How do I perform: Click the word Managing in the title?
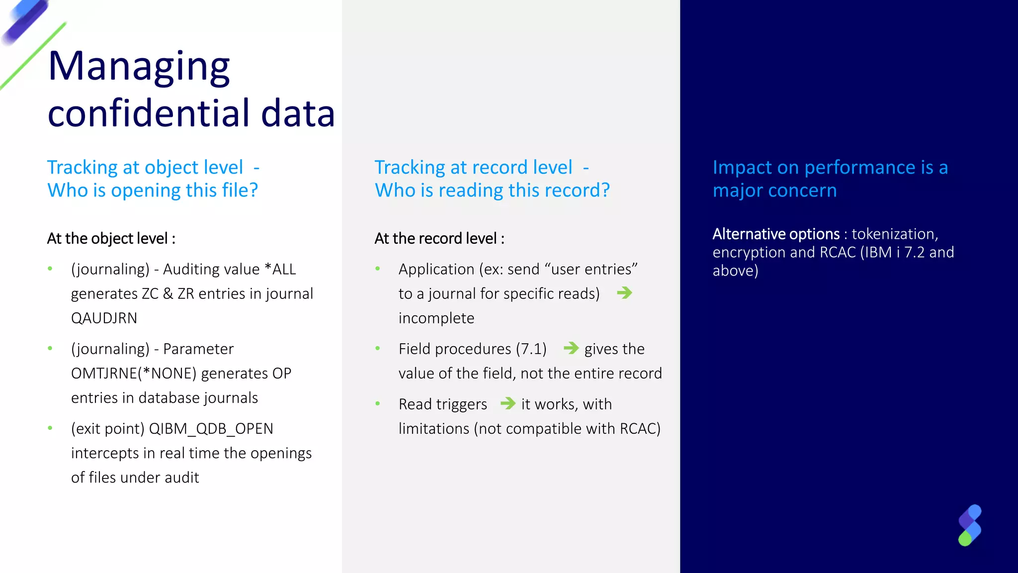coord(139,67)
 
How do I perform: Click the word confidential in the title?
coord(150,113)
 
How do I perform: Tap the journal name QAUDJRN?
coord(104,318)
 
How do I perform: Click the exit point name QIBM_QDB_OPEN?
coord(211,428)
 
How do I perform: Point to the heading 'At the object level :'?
coord(111,238)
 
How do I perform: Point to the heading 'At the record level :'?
coord(439,238)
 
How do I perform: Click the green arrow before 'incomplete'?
coord(624,293)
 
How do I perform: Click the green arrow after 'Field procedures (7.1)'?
coord(571,348)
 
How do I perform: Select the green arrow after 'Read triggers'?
coord(508,403)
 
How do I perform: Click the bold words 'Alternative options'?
coord(775,234)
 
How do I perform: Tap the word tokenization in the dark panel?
coord(894,234)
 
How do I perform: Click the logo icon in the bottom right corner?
coord(969,525)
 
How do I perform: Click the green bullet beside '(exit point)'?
coord(50,428)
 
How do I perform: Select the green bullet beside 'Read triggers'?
coord(378,404)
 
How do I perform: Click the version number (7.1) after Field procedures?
coord(531,349)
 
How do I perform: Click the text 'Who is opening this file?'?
coord(153,191)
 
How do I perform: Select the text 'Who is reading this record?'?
coord(492,191)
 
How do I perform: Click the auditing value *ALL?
coord(280,269)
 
